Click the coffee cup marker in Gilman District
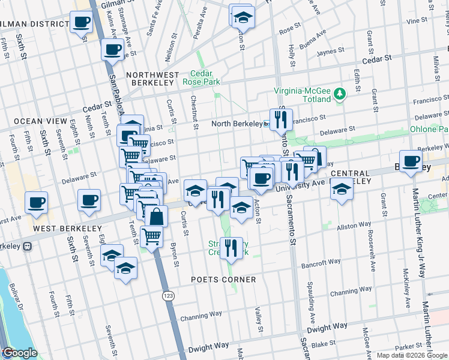pos(81,23)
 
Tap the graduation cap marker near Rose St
pos(242,16)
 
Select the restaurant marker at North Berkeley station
pos(280,120)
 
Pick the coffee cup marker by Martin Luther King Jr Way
pos(411,161)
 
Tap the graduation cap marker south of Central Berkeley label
pos(342,189)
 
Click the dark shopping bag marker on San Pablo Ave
pos(156,217)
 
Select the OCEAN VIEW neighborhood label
pos(40,121)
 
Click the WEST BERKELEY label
pos(59,229)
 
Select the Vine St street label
pos(416,20)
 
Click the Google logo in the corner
pos(19,353)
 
